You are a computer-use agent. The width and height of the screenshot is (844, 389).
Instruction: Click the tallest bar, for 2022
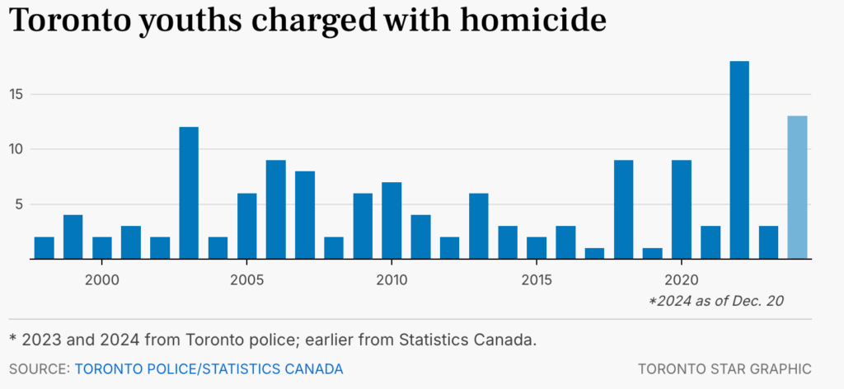[x=739, y=160]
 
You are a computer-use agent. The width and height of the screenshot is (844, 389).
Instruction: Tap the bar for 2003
[x=189, y=193]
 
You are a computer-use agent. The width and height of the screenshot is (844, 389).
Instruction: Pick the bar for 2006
[x=275, y=209]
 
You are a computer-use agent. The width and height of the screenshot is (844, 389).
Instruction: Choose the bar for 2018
[x=624, y=209]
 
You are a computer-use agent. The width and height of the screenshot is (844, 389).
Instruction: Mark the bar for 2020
[x=682, y=209]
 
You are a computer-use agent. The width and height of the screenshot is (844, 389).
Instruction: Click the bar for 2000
[x=101, y=247]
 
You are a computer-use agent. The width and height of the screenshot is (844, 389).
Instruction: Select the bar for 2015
[x=537, y=247]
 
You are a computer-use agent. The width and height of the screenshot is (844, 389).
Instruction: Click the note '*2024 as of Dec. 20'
[x=715, y=302]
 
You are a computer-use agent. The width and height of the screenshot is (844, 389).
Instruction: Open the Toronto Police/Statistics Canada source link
[x=209, y=368]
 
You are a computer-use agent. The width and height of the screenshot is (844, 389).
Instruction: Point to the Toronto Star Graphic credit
[x=724, y=368]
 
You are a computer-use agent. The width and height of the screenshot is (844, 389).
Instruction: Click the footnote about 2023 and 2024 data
[x=272, y=340]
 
